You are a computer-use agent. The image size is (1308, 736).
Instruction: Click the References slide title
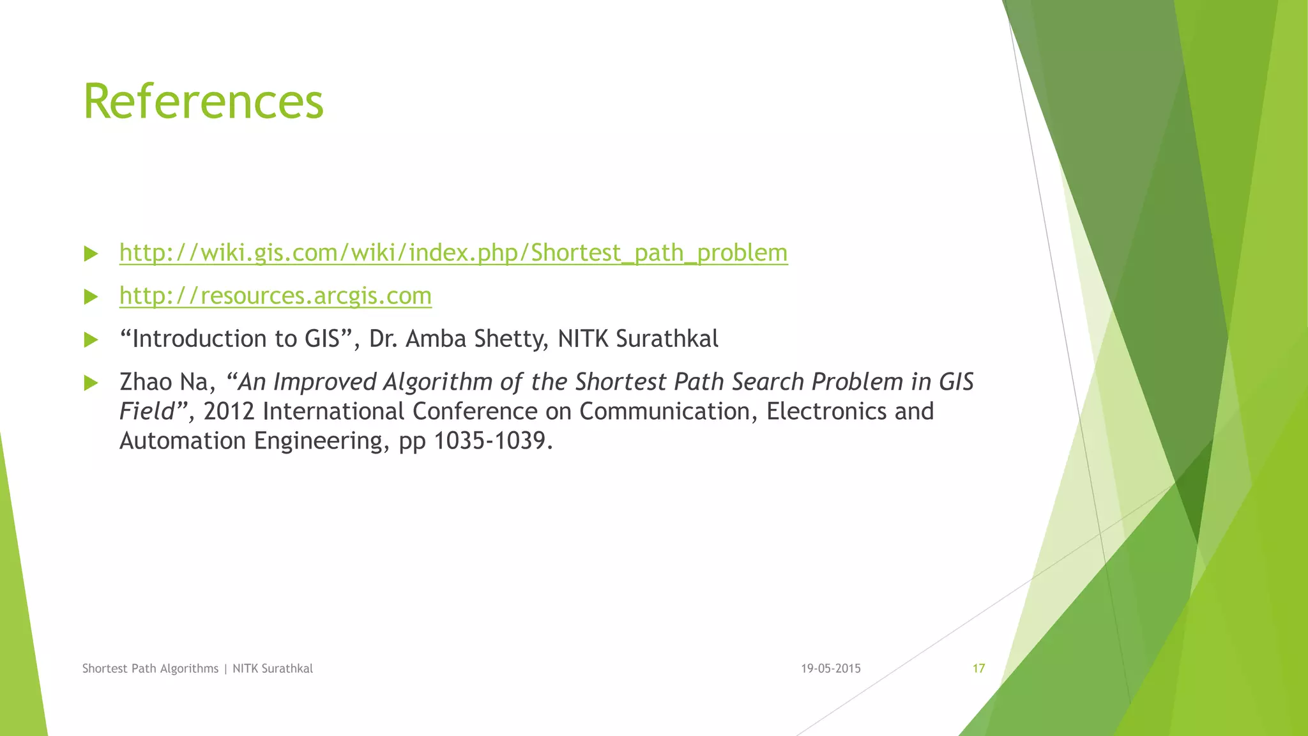(x=203, y=102)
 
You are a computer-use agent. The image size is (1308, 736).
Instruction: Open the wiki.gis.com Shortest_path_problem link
(x=453, y=253)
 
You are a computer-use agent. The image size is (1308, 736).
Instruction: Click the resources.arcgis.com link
(x=275, y=296)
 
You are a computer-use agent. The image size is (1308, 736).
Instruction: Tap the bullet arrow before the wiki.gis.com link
(x=91, y=254)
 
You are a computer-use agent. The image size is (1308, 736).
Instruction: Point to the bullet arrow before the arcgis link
(x=91, y=296)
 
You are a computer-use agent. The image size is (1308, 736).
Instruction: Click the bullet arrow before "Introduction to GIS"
(x=91, y=339)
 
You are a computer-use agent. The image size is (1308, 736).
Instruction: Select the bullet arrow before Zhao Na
(x=91, y=383)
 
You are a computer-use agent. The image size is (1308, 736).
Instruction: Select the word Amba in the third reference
(x=432, y=339)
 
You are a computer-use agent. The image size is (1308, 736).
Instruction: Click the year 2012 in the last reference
(x=229, y=411)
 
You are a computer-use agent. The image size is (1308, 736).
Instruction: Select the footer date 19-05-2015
(x=831, y=669)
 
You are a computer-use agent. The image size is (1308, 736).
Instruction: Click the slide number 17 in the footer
(x=978, y=669)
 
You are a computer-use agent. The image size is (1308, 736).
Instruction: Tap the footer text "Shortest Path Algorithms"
(x=151, y=669)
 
